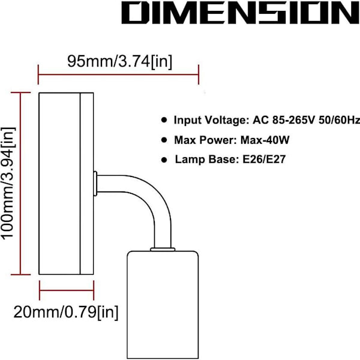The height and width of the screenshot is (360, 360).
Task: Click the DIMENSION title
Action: pos(241,13)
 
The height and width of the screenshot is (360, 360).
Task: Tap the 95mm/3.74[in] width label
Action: pos(119,61)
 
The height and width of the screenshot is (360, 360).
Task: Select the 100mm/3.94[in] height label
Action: pos(8,184)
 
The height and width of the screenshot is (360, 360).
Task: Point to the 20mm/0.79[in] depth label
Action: pos(66,312)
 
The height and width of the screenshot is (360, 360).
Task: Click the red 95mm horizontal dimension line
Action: pos(118,74)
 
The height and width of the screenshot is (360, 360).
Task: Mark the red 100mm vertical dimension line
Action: pos(20,184)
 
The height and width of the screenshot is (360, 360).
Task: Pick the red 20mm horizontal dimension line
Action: pos(67,290)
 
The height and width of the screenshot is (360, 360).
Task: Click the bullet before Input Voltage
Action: pos(164,120)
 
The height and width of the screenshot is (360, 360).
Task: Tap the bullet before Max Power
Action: pos(164,140)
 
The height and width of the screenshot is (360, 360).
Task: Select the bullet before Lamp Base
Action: pos(164,160)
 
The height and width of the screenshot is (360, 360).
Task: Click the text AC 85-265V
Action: pos(284,120)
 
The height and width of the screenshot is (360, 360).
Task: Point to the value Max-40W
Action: pos(265,140)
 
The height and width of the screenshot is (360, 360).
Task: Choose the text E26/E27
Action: pos(264,160)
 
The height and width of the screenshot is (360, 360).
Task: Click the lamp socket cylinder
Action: pos(163,304)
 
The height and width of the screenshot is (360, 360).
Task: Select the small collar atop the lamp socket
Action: pos(163,250)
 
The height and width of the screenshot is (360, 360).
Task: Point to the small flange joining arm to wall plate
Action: pos(95,184)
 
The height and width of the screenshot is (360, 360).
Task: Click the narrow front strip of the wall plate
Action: pos(87,184)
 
